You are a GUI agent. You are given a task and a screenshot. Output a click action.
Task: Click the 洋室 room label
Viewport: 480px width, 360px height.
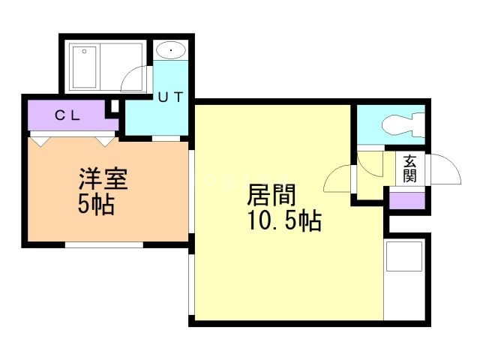103,180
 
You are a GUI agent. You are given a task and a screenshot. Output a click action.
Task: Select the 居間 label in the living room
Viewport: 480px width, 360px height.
272,196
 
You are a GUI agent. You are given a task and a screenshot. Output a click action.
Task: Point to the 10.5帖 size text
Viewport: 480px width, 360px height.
284,222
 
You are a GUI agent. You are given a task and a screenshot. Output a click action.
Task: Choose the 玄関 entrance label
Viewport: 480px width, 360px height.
409,168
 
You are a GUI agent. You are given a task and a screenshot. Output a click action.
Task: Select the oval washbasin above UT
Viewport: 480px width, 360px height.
172,50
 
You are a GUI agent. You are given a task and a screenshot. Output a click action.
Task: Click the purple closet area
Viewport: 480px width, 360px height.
67,116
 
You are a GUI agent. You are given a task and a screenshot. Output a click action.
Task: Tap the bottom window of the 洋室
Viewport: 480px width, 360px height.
103,244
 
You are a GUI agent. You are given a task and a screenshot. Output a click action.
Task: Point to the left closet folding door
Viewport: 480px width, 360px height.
42,139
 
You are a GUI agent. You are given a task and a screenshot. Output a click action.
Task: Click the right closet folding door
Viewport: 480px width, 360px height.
104,139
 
